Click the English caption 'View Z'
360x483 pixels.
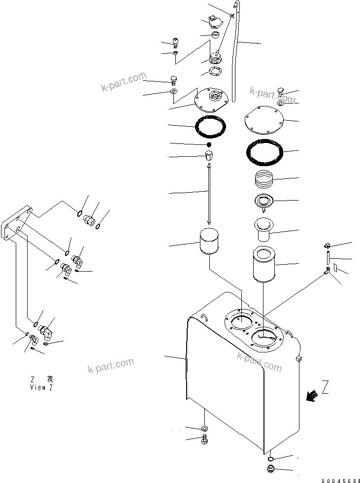pos(40,388)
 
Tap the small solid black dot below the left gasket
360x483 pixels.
pos(209,144)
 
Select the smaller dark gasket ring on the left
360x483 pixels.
pos(211,126)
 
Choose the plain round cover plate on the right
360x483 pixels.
pos(264,120)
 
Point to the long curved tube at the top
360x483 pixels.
pos(235,49)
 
